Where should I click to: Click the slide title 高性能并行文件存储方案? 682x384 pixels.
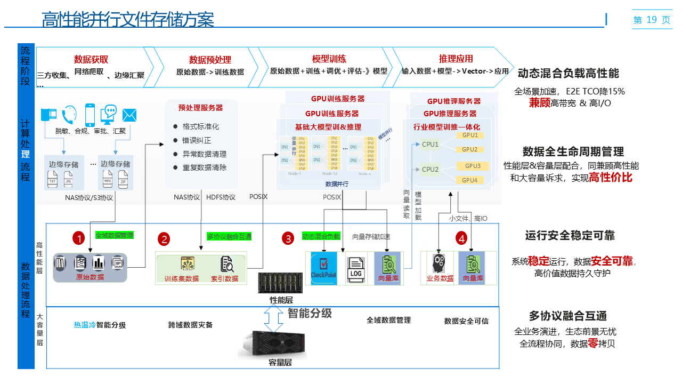128,20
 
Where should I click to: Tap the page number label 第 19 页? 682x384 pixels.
652,20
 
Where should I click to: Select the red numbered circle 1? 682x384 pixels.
79,238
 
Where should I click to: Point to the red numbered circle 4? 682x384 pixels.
461,238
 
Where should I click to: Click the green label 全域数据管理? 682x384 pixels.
114,235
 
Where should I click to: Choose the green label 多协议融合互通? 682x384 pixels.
229,236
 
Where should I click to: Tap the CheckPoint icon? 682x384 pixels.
324,266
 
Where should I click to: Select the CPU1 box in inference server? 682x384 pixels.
430,144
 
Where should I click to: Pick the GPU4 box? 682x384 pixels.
469,180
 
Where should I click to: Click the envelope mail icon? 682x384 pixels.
129,115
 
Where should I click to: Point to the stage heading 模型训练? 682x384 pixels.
329,59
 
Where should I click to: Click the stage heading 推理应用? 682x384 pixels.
456,59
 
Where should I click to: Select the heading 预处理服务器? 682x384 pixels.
200,108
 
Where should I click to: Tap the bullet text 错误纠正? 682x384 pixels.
197,140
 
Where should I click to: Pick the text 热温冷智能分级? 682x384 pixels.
100,325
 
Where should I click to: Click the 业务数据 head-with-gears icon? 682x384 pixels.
440,264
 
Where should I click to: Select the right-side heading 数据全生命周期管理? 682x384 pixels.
573,151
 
